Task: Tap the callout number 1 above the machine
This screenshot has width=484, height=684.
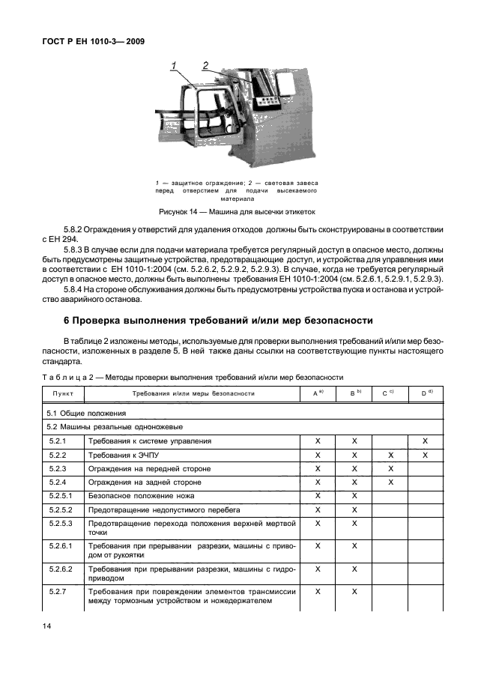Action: pos(173,67)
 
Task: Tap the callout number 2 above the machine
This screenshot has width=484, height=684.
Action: pos(205,66)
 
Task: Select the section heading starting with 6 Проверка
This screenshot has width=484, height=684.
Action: pos(216,320)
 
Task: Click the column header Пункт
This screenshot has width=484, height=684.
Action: pos(63,393)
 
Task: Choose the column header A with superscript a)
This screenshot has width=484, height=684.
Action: pos(318,393)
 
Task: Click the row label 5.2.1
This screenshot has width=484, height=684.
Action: pos(58,441)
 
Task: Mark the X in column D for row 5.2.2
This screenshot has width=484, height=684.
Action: pos(426,455)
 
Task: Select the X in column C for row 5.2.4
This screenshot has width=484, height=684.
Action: pos(390,482)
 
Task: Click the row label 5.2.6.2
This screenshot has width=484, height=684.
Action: pos(61,569)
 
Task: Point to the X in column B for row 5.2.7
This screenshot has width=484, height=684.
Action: pos(354,591)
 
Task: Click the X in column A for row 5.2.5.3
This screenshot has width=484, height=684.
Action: pos(318,522)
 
